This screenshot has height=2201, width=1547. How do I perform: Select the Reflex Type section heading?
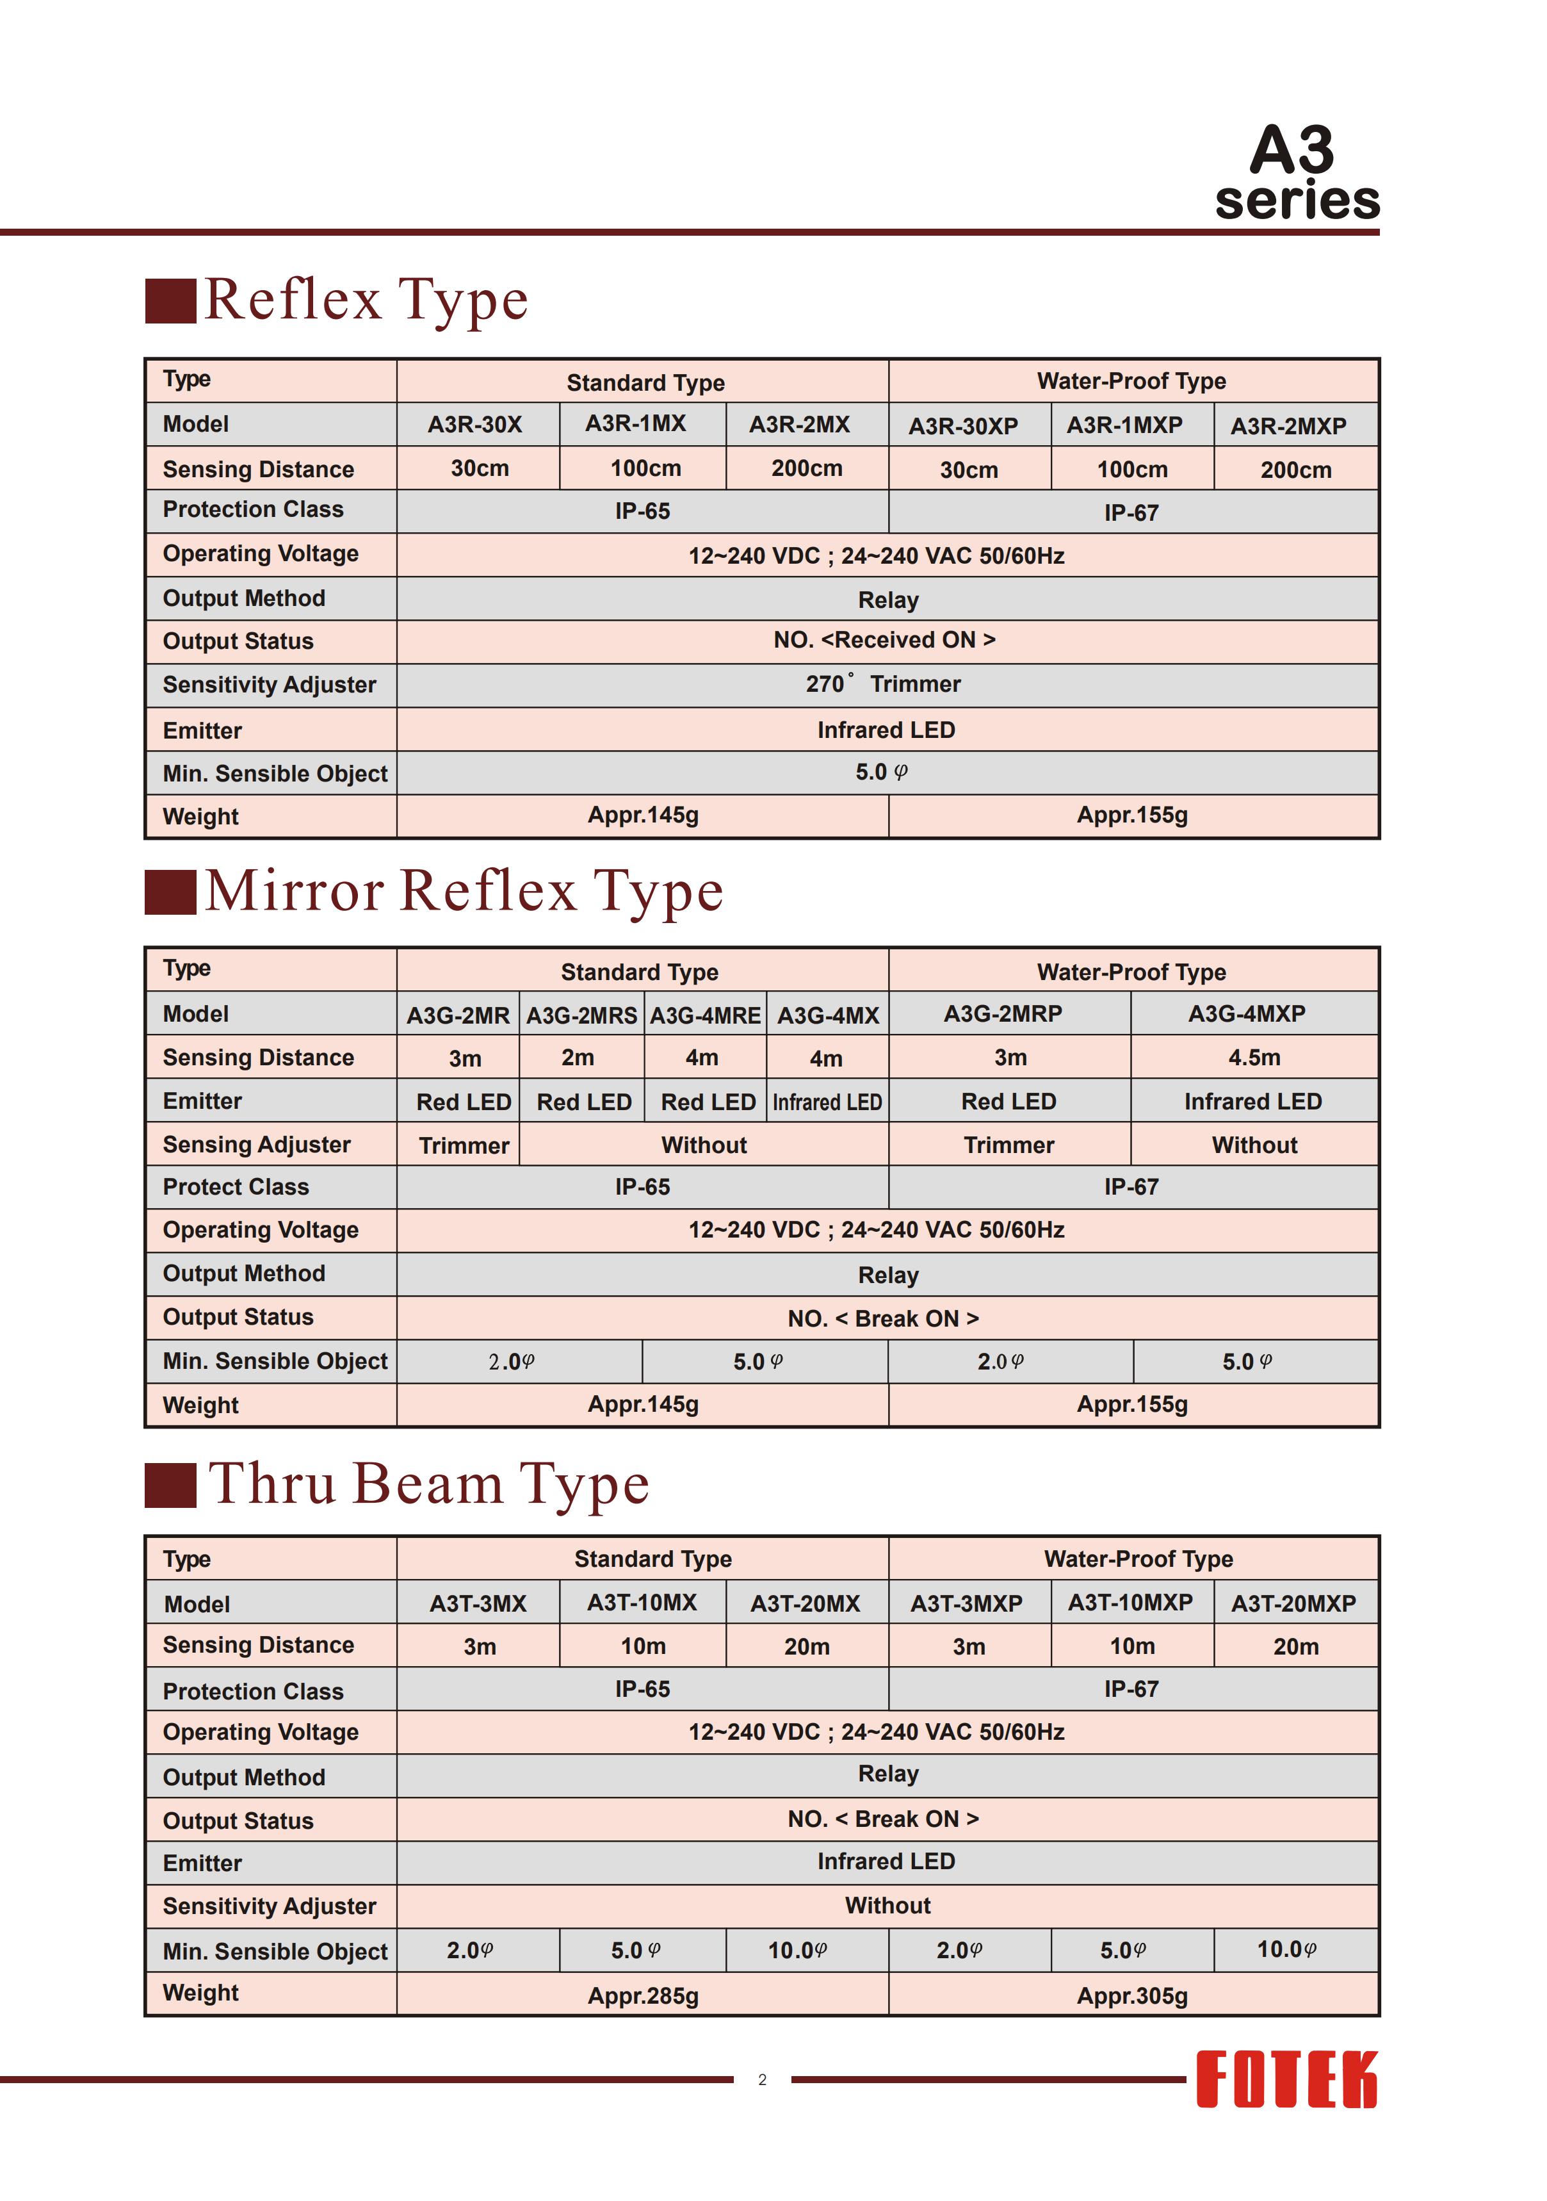point(366,299)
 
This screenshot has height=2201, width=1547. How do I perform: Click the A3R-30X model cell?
point(475,425)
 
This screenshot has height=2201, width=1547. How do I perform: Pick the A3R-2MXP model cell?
point(1288,425)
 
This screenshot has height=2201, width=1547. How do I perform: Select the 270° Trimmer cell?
point(884,685)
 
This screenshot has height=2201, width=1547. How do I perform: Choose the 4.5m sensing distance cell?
point(1254,1058)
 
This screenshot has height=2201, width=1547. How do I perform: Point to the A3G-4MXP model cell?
point(1246,1014)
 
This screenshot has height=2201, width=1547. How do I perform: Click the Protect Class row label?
point(236,1187)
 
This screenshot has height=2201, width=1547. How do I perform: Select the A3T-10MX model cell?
point(642,1603)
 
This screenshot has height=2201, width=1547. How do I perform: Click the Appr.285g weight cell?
point(643,1996)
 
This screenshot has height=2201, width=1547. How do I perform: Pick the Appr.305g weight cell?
point(1132,1996)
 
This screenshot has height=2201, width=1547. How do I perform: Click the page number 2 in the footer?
point(762,2079)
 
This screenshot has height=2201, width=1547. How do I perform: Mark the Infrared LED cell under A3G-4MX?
point(827,1102)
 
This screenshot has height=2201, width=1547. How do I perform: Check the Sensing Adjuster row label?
point(257,1145)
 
